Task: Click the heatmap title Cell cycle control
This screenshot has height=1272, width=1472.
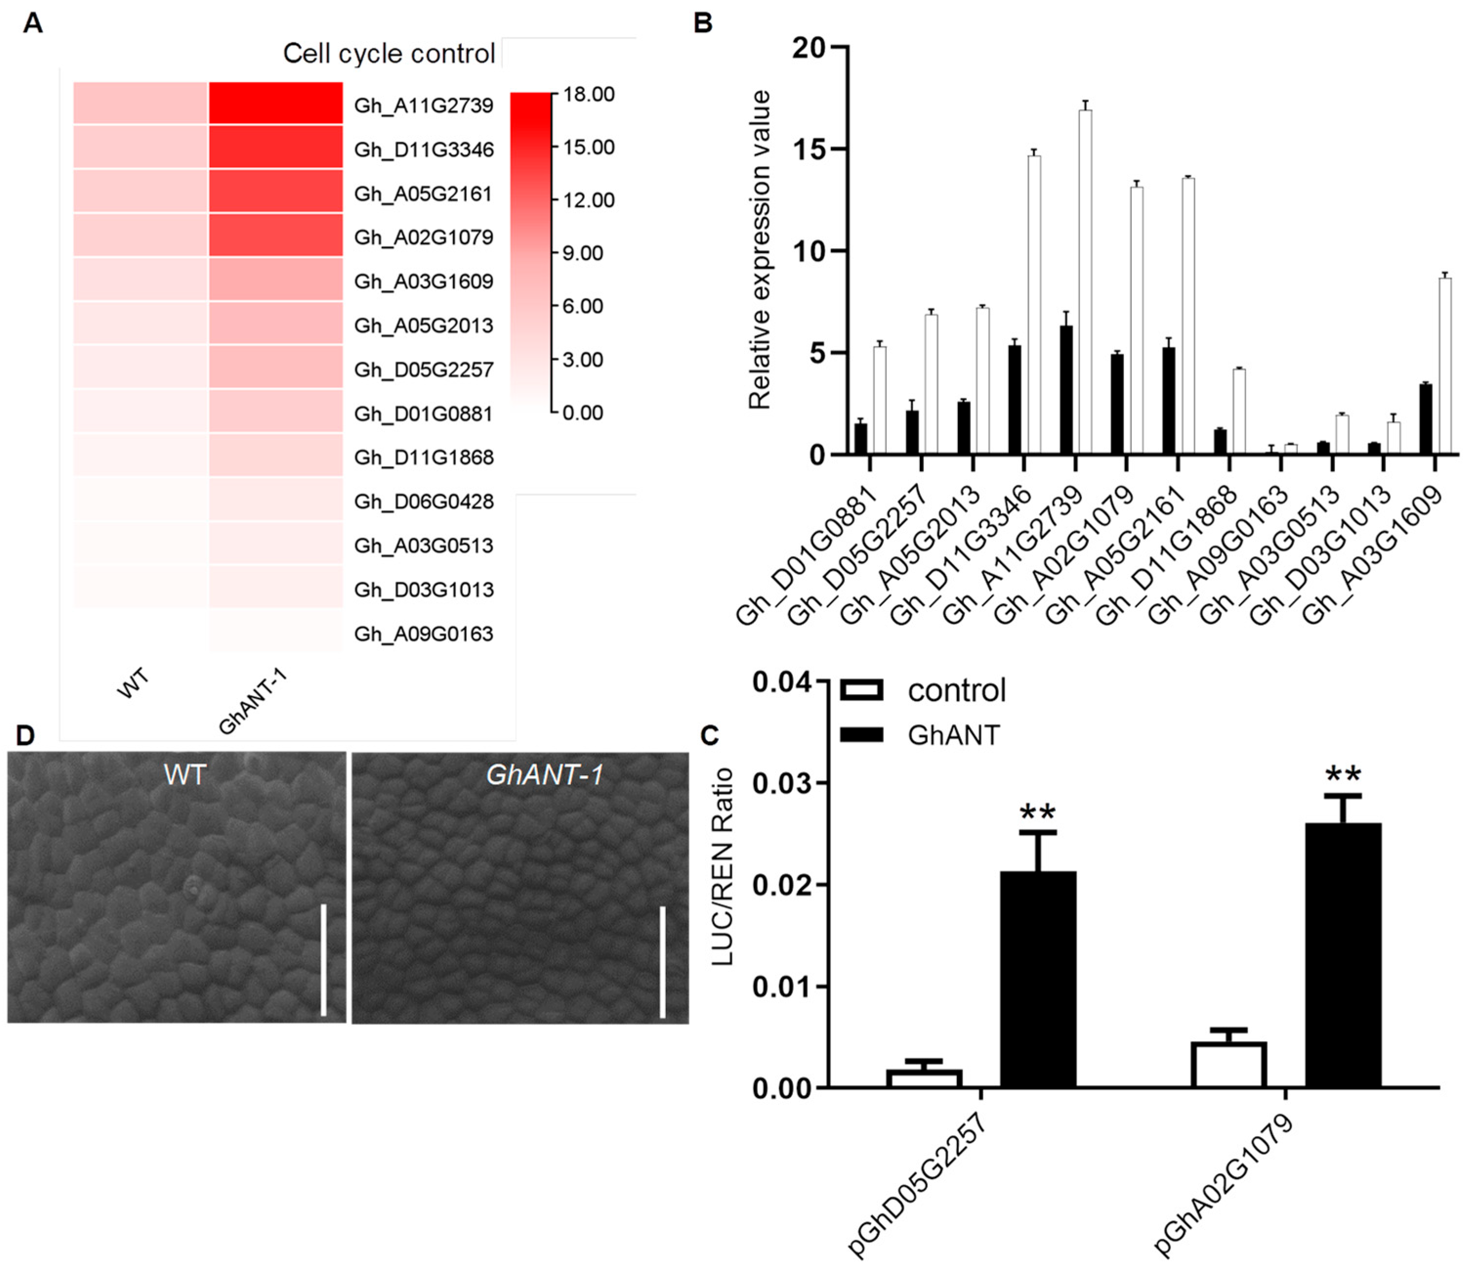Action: coord(389,53)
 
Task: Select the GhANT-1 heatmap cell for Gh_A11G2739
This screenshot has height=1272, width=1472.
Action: coord(276,104)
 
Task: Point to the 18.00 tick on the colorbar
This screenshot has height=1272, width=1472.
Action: coord(588,94)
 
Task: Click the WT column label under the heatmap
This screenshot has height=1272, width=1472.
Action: coord(133,683)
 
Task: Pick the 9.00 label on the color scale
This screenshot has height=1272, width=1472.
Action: coord(582,253)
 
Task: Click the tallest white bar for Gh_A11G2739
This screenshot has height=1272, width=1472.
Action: coord(1085,284)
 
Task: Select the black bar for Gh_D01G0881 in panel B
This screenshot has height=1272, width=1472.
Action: coord(860,439)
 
